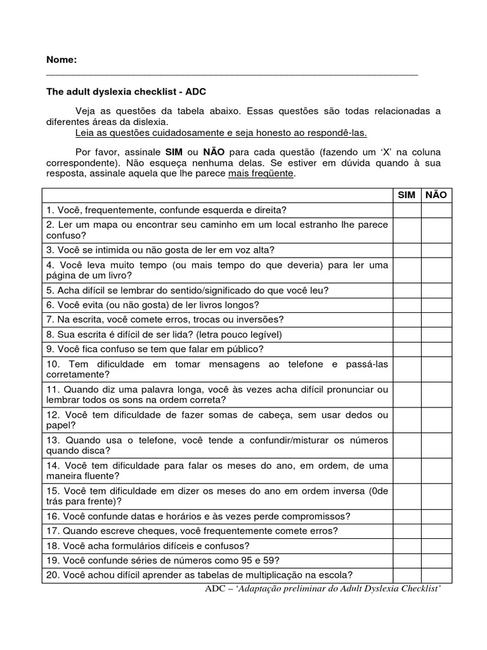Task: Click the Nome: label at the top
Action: pyautogui.click(x=61, y=60)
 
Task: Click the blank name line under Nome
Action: pyautogui.click(x=232, y=74)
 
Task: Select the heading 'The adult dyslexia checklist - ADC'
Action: pyautogui.click(x=126, y=91)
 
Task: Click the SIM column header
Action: pyautogui.click(x=406, y=195)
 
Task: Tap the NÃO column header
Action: pyautogui.click(x=436, y=195)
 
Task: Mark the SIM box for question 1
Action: pyautogui.click(x=406, y=210)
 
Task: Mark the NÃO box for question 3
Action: pyautogui.click(x=436, y=250)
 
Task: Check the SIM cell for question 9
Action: pyautogui.click(x=406, y=349)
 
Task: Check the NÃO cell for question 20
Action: pyautogui.click(x=436, y=576)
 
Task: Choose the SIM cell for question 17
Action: pyautogui.click(x=406, y=531)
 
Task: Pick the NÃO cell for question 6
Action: pyautogui.click(x=436, y=305)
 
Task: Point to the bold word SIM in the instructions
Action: pyautogui.click(x=174, y=153)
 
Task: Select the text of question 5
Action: pyautogui.click(x=187, y=290)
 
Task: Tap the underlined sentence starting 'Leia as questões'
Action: pyautogui.click(x=221, y=133)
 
